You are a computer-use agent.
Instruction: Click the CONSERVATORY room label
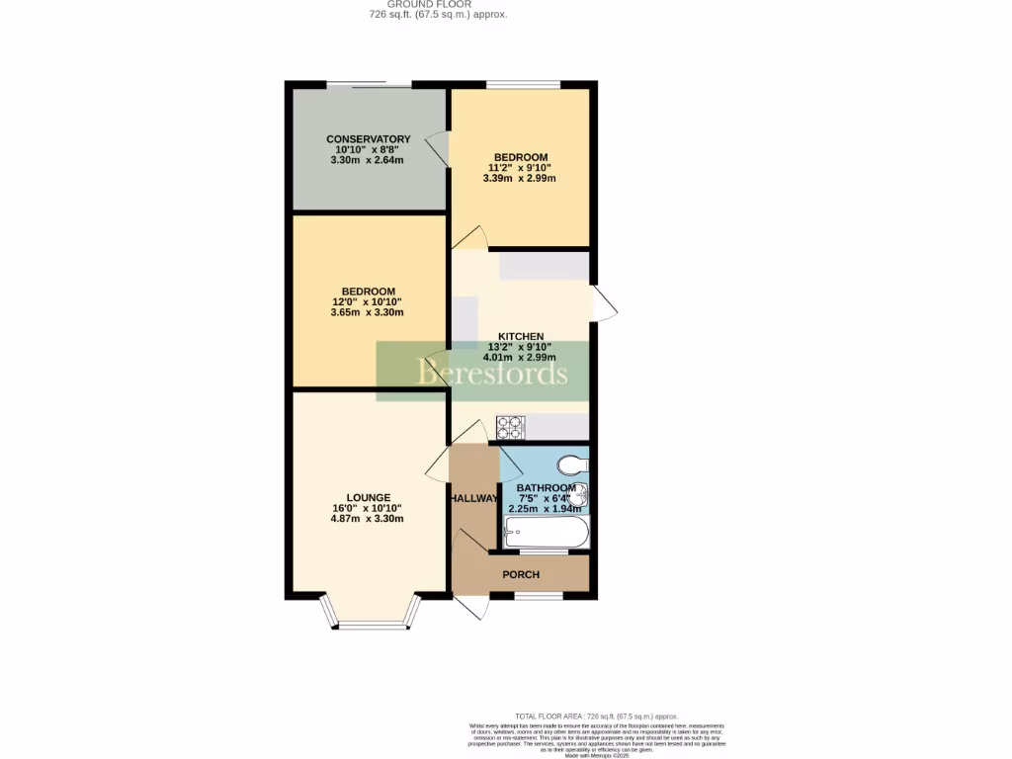pyautogui.click(x=369, y=139)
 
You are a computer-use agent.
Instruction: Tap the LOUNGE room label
pyautogui.click(x=368, y=497)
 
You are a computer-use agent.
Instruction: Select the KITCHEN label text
pyautogui.click(x=520, y=336)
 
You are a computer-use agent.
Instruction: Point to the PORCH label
pyautogui.click(x=521, y=574)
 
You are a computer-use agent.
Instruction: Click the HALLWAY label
pyautogui.click(x=473, y=499)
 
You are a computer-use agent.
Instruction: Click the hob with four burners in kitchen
pyautogui.click(x=510, y=427)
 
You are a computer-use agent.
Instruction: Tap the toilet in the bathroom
pyautogui.click(x=571, y=464)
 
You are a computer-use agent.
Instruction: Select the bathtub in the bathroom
pyautogui.click(x=546, y=535)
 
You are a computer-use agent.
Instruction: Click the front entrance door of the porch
pyautogui.click(x=469, y=606)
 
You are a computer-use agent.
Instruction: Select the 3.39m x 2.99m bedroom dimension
pyautogui.click(x=520, y=179)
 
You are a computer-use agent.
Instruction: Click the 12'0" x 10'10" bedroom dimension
pyautogui.click(x=368, y=301)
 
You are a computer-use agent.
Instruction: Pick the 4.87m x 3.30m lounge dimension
pyautogui.click(x=368, y=519)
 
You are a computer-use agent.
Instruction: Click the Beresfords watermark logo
pyautogui.click(x=492, y=373)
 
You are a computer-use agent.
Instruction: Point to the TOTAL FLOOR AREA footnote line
pyautogui.click(x=596, y=716)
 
